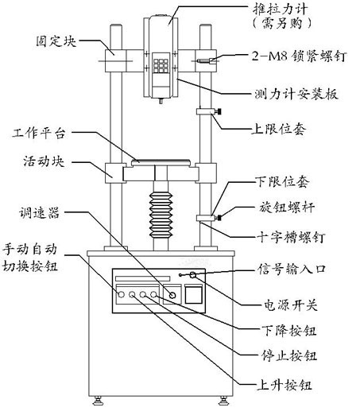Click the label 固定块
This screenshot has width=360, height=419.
pyautogui.click(x=56, y=41)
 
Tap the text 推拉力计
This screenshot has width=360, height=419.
pyautogui.click(x=281, y=9)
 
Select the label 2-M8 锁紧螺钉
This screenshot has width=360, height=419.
pyautogui.click(x=299, y=56)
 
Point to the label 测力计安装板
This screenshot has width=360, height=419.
pyautogui.click(x=296, y=94)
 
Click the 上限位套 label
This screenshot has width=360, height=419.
pyautogui.click(x=279, y=130)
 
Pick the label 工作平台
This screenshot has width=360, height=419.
pyautogui.click(x=39, y=133)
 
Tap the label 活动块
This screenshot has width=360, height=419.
pyautogui.click(x=44, y=161)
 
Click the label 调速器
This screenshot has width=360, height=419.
pyautogui.click(x=39, y=213)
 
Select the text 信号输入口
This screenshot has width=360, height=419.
pyautogui.click(x=292, y=269)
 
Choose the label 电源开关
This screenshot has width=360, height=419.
pyautogui.click(x=291, y=305)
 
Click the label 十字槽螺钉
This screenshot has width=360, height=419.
pyautogui.click(x=291, y=237)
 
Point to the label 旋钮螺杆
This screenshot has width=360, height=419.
pyautogui.click(x=287, y=207)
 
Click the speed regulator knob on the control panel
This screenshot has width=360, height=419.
pyautogui.click(x=173, y=295)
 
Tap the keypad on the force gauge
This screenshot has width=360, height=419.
pyautogui.click(x=161, y=65)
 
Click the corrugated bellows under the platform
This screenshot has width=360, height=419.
pyautogui.click(x=161, y=215)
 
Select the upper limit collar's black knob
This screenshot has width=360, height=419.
pyautogui.click(x=219, y=111)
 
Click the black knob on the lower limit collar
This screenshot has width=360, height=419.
pyautogui.click(x=219, y=218)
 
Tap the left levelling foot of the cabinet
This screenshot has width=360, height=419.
pyautogui.click(x=98, y=401)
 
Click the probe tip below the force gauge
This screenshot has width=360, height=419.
pyautogui.click(x=161, y=101)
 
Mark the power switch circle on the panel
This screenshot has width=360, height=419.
pyautogui.click(x=193, y=274)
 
